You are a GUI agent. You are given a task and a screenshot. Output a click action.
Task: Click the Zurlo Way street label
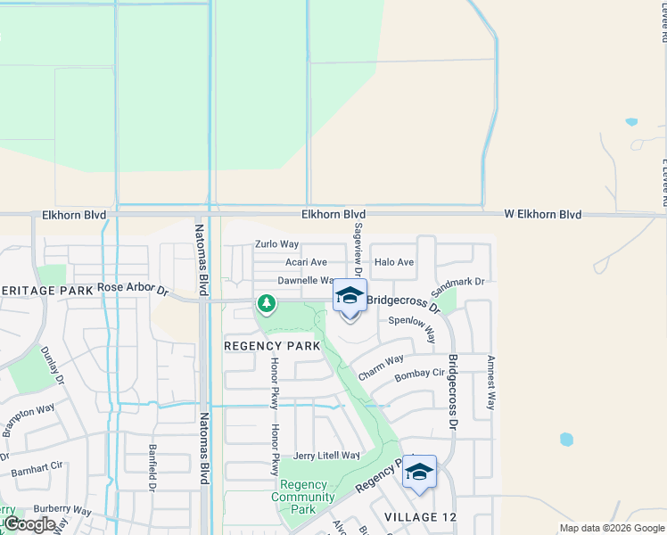coord(276,243)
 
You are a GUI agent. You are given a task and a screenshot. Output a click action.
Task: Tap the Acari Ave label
coord(306,262)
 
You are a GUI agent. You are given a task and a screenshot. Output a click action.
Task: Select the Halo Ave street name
coord(394,262)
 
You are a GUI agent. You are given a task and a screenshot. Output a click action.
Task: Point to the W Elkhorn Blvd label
coord(542,215)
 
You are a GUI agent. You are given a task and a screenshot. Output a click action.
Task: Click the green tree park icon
coord(266,305)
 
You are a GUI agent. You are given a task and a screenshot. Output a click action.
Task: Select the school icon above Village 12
coord(419,472)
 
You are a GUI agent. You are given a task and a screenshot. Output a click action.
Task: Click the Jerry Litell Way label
coord(326,456)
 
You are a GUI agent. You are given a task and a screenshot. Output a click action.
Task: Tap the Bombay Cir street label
coord(419,374)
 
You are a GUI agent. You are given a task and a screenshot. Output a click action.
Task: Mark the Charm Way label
coord(382,366)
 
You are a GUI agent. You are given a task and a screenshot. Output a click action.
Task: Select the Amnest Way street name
coord(490,383)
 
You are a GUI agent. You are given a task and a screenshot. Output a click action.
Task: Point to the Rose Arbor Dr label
coord(133,289)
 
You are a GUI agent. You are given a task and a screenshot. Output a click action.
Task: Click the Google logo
coord(29,524)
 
